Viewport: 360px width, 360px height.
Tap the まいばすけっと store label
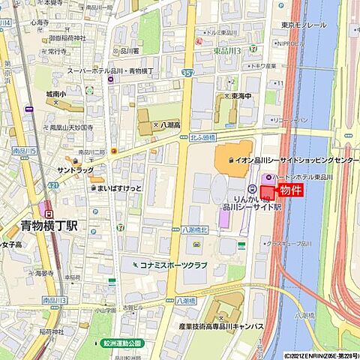pyautogui.click(x=119, y=188)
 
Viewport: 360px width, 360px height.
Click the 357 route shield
pyautogui.click(x=187, y=73)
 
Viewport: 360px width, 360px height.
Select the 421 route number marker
pyautogui.click(x=52, y=184)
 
